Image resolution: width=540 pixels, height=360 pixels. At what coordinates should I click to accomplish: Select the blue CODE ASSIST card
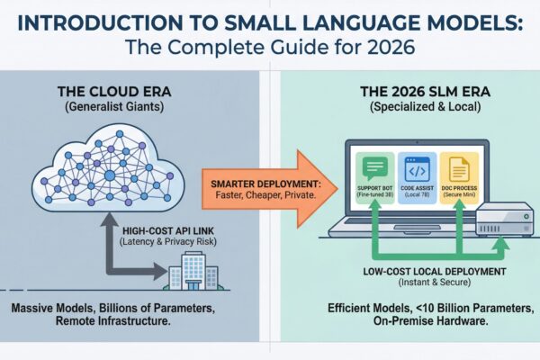408,178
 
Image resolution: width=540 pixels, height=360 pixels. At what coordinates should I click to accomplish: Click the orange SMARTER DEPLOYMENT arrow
266,184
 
